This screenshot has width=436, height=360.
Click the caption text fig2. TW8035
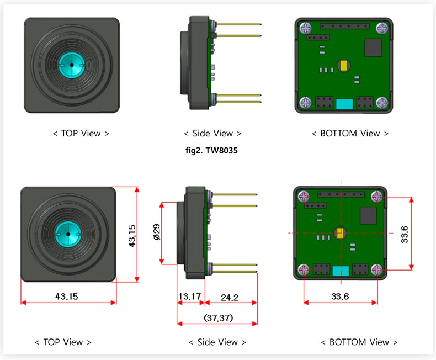[212, 151]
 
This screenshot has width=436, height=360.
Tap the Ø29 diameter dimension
[157, 232]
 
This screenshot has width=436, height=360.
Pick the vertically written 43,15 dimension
[132, 235]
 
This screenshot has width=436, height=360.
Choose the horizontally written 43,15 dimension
[67, 297]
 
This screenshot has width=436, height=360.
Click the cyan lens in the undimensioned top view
[71, 65]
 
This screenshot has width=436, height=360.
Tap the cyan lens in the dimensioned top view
[67, 234]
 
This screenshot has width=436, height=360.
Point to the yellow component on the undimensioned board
[344, 65]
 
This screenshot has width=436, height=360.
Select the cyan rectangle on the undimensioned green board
[344, 104]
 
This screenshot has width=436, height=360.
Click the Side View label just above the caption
[212, 133]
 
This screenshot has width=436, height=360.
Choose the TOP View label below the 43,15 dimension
[63, 342]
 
